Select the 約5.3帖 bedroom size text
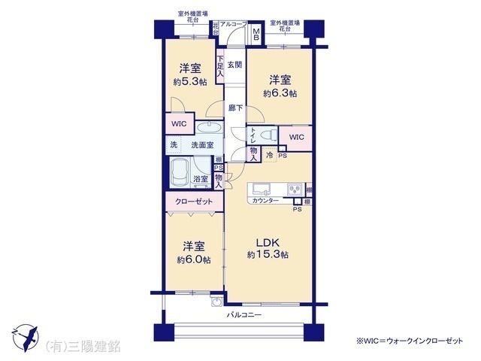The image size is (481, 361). pos(188,82)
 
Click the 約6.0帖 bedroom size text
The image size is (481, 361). pos(193,259)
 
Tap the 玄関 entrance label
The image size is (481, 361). pos(234,65)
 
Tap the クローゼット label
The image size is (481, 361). pos(193,202)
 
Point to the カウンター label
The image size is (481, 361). pos(265,201)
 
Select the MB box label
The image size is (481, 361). pos(256,33)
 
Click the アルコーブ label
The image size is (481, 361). pos(233,25)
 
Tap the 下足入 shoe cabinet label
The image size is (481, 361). pos(220,66)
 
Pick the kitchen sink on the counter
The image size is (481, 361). pos(259,187)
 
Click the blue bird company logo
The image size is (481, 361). pos(27,336)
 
